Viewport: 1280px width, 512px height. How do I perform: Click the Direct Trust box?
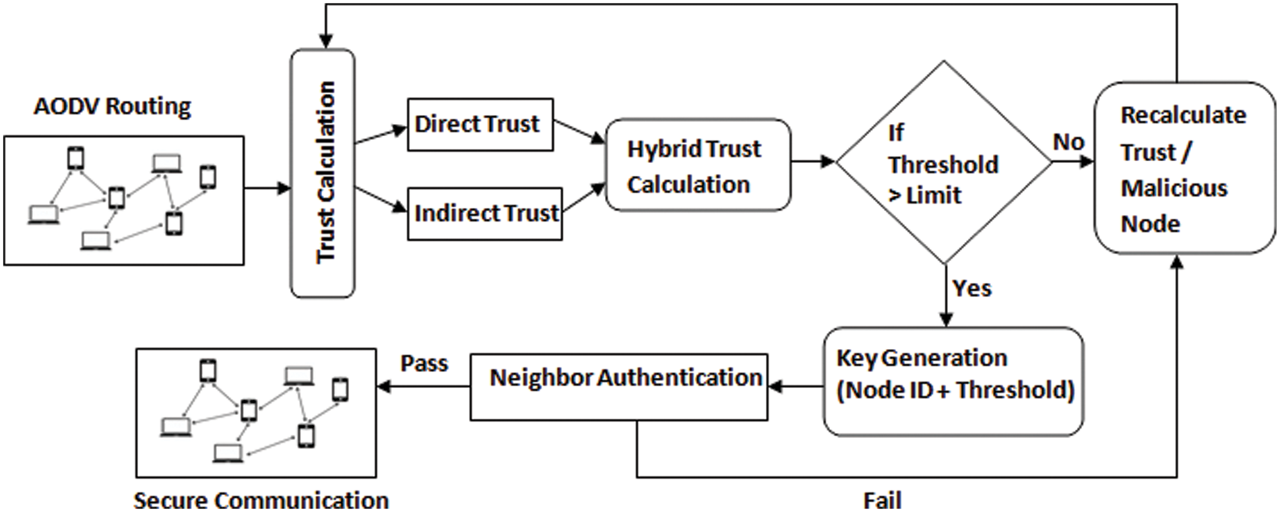pos(480,125)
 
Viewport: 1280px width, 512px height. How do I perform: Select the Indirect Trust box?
pos(484,214)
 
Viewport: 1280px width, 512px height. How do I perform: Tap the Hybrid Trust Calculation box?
pos(697,166)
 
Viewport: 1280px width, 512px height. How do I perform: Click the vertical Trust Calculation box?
pos(323,173)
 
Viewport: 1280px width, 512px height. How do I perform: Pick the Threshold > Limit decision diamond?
pos(943,162)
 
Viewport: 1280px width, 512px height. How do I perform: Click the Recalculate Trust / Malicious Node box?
pos(1184,168)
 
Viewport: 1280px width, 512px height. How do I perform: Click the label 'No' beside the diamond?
pos(1068,143)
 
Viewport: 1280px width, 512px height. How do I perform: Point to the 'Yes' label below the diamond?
pos(971,289)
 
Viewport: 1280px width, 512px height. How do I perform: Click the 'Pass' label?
pos(424,364)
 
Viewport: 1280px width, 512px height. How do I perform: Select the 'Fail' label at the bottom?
pos(882,501)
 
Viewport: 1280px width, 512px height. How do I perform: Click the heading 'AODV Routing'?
pos(113,106)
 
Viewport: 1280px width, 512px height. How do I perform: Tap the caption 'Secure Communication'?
pos(261,501)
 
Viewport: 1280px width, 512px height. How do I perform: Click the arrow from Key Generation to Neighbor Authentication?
pos(796,387)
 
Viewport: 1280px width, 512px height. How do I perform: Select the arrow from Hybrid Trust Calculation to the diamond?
pos(812,162)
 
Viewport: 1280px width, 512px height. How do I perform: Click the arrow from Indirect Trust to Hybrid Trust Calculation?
pos(583,199)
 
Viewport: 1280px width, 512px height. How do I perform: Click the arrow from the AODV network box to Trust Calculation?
pos(267,189)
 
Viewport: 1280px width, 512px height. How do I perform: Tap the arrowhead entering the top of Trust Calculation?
pos(325,41)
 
